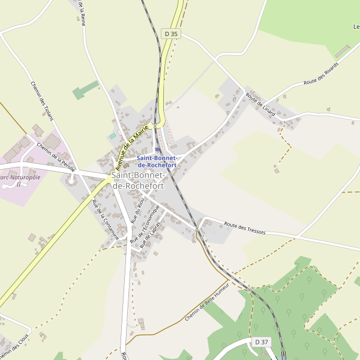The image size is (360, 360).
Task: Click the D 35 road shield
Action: click(x=171, y=34)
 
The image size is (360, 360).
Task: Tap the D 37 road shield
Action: click(x=261, y=342)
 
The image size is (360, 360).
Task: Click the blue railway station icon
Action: click(x=157, y=150)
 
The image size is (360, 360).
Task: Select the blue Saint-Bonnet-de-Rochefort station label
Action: click(x=157, y=161)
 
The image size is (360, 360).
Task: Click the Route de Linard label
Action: click(x=260, y=104)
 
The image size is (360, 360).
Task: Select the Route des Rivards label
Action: click(x=320, y=73)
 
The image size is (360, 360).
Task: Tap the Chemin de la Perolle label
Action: click(x=56, y=154)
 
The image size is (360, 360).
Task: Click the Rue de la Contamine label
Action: click(x=105, y=220)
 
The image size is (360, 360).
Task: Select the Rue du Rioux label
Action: click(x=137, y=211)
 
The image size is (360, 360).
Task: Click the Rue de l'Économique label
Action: click(x=145, y=225)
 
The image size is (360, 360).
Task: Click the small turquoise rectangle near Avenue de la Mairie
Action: click(x=112, y=136)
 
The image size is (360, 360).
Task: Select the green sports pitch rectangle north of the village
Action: click(x=85, y=90)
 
